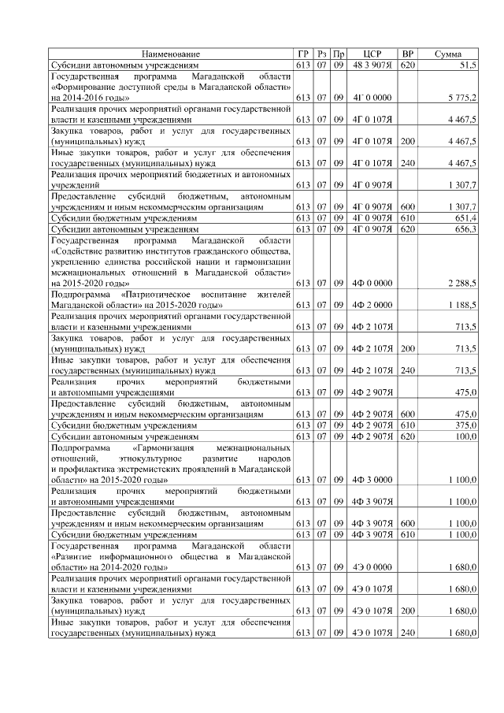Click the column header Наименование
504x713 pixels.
point(171,53)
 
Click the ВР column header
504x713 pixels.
point(408,53)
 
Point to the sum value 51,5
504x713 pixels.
point(467,65)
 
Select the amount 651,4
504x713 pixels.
point(464,217)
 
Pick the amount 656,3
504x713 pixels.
point(464,228)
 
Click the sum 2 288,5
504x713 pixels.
point(460,282)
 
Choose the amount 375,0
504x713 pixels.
point(464,424)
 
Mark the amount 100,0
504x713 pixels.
point(464,435)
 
